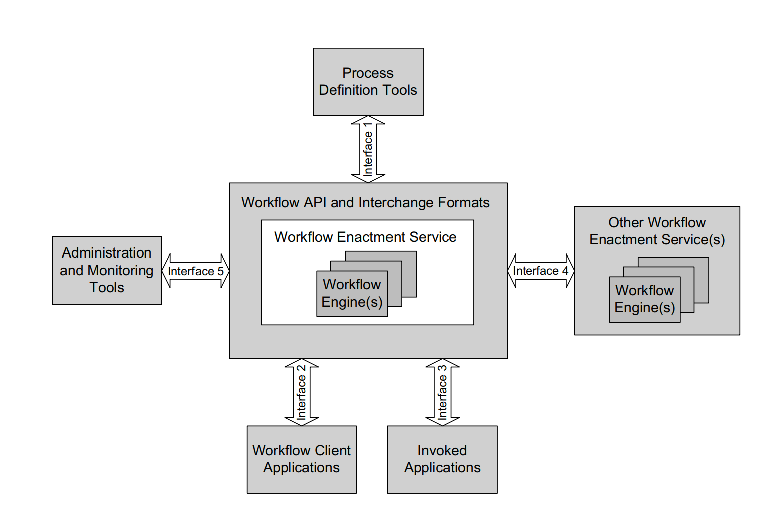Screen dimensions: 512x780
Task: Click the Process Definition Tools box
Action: [x=368, y=82]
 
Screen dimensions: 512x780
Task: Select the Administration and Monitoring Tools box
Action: [x=107, y=270]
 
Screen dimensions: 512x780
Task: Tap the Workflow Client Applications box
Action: [x=301, y=459]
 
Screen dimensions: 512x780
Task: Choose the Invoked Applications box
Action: [x=442, y=459]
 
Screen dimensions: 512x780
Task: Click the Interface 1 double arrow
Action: [x=368, y=149]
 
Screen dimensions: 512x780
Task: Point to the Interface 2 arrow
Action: [x=302, y=392]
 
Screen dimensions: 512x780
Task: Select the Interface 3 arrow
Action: [x=443, y=392]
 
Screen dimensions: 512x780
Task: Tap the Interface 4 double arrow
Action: [x=541, y=271]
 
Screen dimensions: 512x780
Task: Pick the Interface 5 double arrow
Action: [x=196, y=271]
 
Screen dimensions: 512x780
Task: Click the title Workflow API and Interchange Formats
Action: [x=365, y=202]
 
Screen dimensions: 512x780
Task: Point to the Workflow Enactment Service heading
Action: [x=365, y=237]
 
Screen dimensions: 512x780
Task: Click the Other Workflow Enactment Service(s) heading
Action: [x=657, y=231]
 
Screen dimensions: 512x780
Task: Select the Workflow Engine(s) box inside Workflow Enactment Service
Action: [x=352, y=293]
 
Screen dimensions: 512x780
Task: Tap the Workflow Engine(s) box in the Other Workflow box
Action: [x=644, y=299]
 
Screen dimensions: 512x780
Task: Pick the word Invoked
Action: [x=442, y=450]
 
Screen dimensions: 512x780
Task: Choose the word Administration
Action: [x=107, y=252]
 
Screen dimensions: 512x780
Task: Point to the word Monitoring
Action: [x=120, y=270]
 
